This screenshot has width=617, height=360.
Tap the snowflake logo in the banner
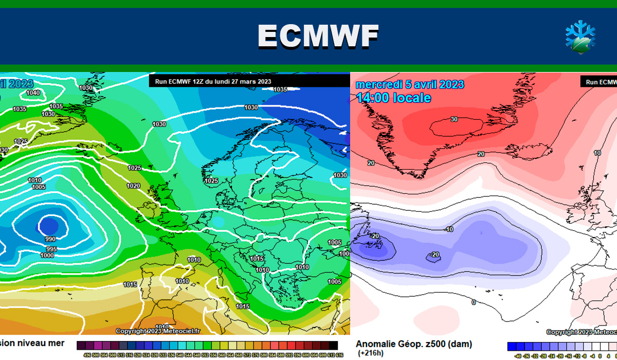[x=580, y=37]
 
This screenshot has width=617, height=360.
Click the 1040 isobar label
[x=33, y=93]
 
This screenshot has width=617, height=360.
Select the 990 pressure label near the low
[x=50, y=239]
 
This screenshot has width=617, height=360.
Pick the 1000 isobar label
[x=47, y=256]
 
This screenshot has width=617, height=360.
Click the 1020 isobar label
[x=133, y=186]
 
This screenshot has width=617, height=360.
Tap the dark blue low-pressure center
[x=49, y=226]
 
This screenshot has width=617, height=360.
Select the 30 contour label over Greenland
[x=454, y=120]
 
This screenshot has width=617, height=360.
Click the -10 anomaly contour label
[x=448, y=229]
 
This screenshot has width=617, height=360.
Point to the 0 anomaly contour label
[x=474, y=302]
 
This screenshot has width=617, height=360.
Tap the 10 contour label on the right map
[x=597, y=153]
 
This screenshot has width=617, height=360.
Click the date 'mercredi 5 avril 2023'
[x=410, y=84]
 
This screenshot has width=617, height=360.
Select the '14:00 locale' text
[x=393, y=98]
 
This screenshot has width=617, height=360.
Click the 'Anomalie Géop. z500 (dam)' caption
[x=413, y=344]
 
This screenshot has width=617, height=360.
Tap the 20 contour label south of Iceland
[x=481, y=154]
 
